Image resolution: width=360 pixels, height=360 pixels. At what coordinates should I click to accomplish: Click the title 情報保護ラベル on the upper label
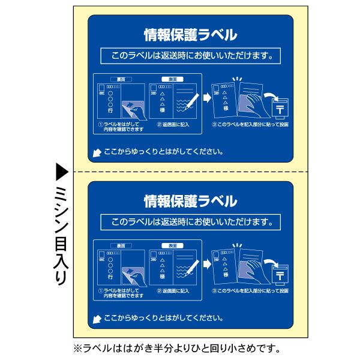[x=190, y=34]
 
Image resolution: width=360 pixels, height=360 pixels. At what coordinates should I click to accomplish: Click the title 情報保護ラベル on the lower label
[x=190, y=200]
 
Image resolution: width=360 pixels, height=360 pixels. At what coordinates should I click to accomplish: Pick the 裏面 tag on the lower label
[x=121, y=245]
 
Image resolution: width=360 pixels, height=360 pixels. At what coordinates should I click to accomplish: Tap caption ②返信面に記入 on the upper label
[x=173, y=125]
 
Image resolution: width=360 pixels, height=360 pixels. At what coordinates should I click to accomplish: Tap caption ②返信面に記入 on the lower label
[x=173, y=291]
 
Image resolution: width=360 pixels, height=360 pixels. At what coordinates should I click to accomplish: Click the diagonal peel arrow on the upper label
[x=96, y=153]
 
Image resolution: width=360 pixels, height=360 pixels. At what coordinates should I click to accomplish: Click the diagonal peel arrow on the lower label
[x=96, y=319]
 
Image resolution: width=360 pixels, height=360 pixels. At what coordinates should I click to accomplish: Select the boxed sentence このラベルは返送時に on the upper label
[x=190, y=57]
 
